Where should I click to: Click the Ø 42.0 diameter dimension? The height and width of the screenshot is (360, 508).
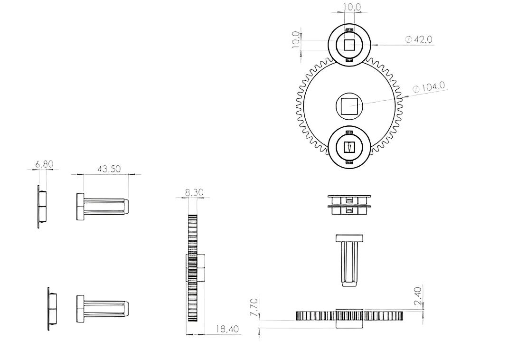point(419,39)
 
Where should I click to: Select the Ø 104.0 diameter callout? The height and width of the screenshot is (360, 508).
point(429,87)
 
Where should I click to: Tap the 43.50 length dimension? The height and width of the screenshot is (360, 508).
point(109,169)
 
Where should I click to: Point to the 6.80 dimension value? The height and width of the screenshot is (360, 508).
point(44,164)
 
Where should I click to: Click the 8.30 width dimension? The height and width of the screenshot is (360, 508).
point(194,192)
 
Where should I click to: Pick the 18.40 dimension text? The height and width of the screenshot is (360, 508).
point(227,329)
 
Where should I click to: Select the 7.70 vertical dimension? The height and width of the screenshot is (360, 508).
point(254,307)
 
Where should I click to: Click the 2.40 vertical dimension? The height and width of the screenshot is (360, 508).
point(418,296)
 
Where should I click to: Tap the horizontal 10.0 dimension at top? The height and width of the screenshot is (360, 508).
point(352,7)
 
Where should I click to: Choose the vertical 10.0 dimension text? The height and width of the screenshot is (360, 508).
point(296,39)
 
